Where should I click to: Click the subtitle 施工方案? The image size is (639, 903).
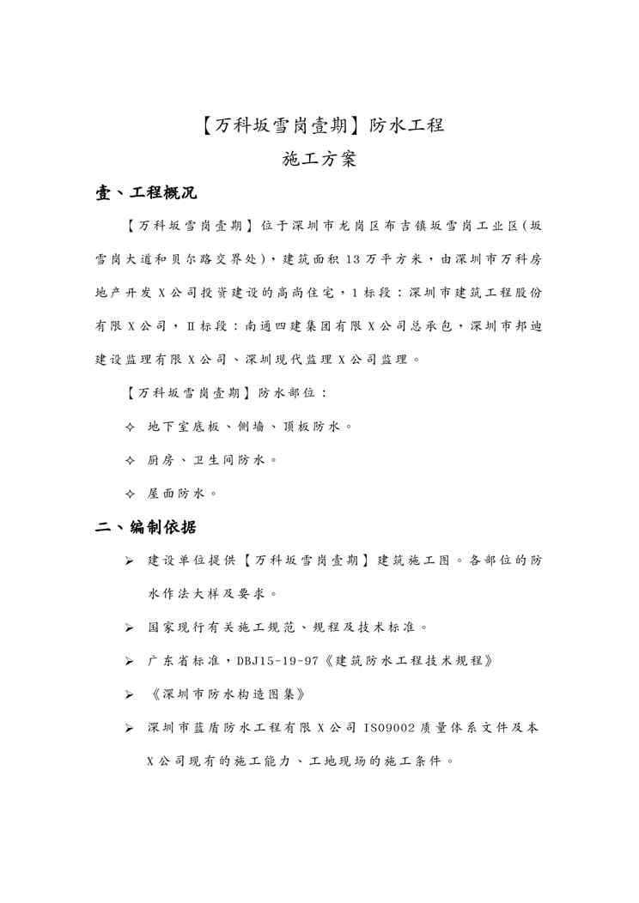click(319, 160)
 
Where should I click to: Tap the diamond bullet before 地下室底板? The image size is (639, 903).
click(130, 426)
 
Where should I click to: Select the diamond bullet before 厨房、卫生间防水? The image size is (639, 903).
click(130, 460)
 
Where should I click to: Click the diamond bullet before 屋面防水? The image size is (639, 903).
click(130, 494)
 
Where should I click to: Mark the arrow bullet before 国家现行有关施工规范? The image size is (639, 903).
click(129, 627)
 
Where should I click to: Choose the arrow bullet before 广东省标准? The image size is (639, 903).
click(129, 661)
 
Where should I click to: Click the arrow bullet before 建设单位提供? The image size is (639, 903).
click(129, 561)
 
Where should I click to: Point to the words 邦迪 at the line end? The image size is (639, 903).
click(526, 325)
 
